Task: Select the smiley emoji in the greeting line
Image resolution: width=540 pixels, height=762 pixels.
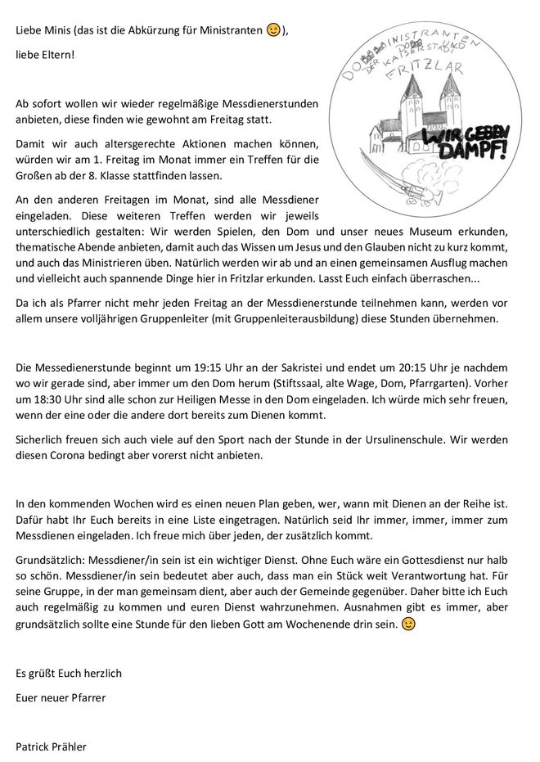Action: click(x=274, y=30)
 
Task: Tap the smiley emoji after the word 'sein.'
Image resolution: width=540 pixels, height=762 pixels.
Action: click(x=408, y=624)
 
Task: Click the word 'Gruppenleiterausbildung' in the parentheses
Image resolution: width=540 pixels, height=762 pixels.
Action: click(x=315, y=318)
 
